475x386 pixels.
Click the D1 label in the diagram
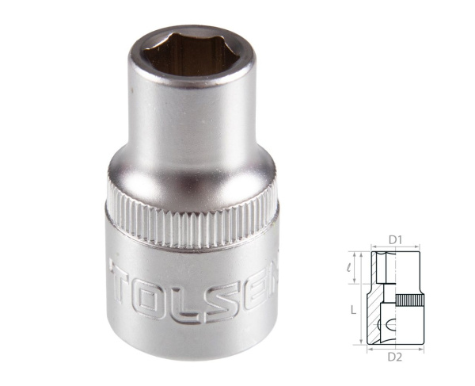point(397,239)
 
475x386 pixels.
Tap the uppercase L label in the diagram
point(352,311)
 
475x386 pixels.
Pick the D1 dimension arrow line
point(397,247)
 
